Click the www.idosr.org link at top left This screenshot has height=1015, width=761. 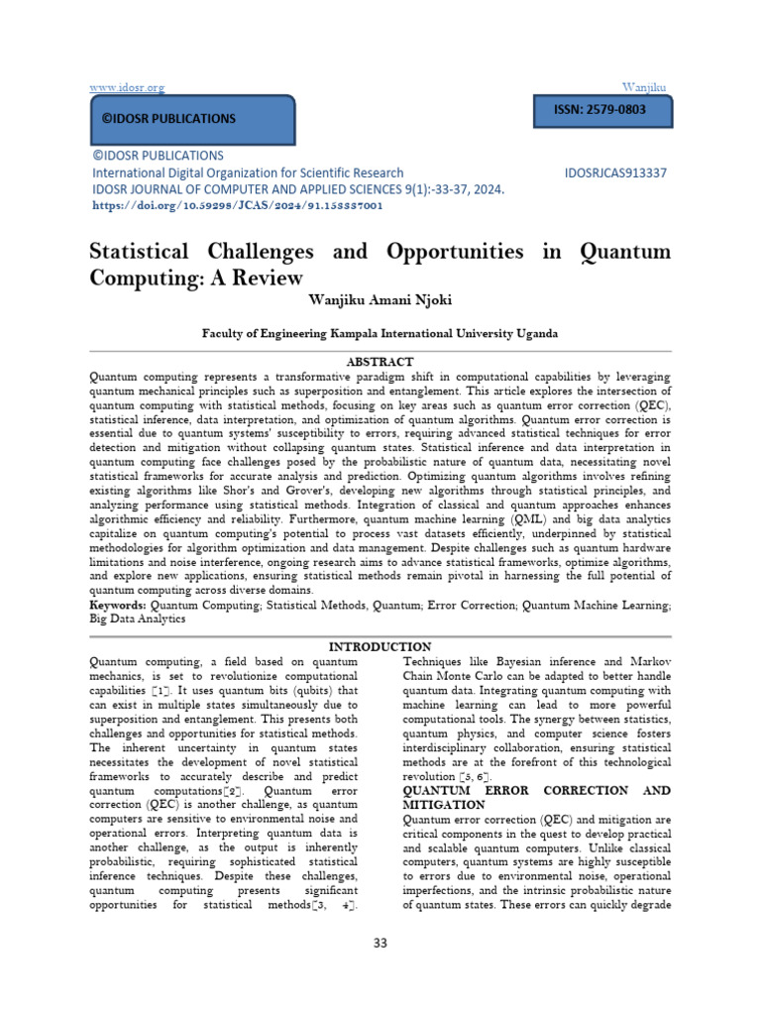[x=127, y=88]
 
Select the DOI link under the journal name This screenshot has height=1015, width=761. [x=237, y=205]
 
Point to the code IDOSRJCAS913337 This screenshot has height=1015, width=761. [x=615, y=172]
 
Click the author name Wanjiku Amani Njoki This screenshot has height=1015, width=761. [x=380, y=298]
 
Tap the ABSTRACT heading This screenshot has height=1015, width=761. [x=380, y=362]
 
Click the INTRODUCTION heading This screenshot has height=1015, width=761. [x=380, y=647]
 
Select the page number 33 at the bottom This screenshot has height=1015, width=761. [x=380, y=943]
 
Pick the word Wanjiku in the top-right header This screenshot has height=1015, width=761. [x=646, y=88]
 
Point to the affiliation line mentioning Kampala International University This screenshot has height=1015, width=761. [x=380, y=334]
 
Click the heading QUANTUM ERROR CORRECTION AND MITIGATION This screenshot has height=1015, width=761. [x=536, y=798]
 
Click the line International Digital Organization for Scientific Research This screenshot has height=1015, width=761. [x=247, y=172]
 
